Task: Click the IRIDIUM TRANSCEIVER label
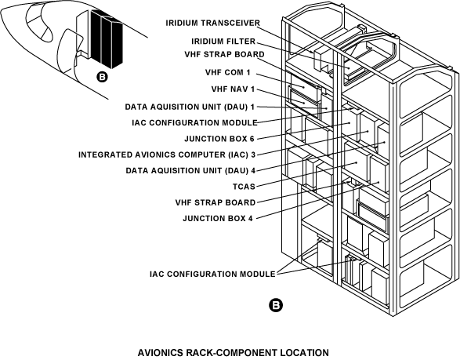coord(212,23)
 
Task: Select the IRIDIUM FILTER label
coord(223,42)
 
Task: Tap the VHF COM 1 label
coord(228,72)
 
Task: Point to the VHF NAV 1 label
coord(233,89)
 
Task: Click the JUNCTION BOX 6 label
coord(219,139)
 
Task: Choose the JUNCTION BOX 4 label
coord(218,219)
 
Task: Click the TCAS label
coord(244,187)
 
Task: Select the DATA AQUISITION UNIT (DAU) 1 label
coord(190,107)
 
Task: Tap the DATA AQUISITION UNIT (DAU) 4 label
coord(190,171)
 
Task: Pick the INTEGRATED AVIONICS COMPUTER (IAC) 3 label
coord(167,155)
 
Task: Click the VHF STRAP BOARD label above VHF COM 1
coord(224,55)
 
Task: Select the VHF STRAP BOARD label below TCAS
coord(216,202)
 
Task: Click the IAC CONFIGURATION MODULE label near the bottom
coord(212,274)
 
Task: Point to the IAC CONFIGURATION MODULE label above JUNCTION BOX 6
coord(195,122)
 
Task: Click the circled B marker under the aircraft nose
coord(102,77)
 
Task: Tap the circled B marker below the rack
coord(276,305)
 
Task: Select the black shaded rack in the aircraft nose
coord(107,38)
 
